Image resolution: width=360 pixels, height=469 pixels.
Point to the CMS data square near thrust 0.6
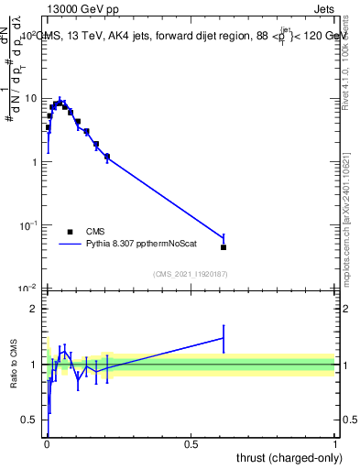pyautogui.click(x=224, y=247)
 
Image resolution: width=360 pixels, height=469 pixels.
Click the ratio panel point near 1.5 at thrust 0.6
pyautogui.click(x=224, y=338)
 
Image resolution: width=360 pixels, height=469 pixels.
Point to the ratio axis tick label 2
pyautogui.click(x=33, y=309)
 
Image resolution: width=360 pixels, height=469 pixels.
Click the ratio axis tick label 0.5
pyautogui.click(x=29, y=420)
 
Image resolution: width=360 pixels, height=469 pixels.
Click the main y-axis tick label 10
pyautogui.click(x=29, y=98)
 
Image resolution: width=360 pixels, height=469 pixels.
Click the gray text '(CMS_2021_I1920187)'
pyautogui.click(x=190, y=274)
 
